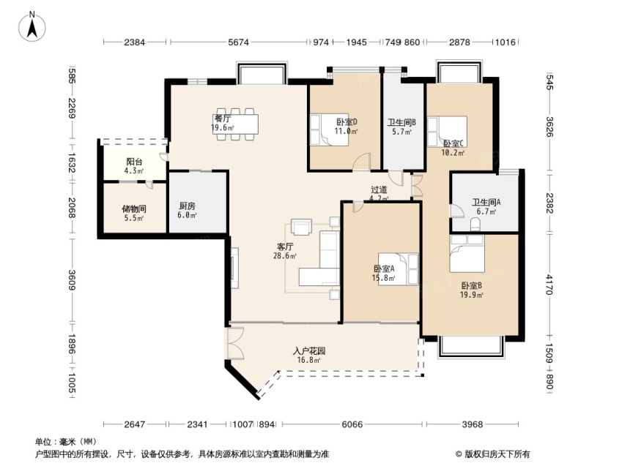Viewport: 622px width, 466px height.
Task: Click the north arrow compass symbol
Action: click(x=32, y=26)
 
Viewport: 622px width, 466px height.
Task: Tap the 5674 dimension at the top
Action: click(x=238, y=42)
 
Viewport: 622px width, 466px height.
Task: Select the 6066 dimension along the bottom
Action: click(x=352, y=424)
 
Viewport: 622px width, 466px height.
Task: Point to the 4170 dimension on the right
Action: click(x=549, y=285)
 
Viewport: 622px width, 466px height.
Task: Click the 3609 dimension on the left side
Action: click(x=72, y=280)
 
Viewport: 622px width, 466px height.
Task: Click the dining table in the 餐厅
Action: click(x=235, y=124)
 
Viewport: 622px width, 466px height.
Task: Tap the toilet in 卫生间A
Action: click(x=475, y=225)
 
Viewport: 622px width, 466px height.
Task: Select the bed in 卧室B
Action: click(x=467, y=253)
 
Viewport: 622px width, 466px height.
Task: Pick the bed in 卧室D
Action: click(x=329, y=130)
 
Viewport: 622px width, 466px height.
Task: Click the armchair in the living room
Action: click(x=302, y=227)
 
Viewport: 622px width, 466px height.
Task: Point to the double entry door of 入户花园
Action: click(x=235, y=343)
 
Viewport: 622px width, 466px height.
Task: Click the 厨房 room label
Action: click(x=188, y=206)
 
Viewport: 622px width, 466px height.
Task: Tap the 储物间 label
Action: click(x=133, y=208)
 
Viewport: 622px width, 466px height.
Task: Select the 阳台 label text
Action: click(x=134, y=162)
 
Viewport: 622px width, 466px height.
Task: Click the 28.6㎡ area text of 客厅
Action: click(x=285, y=256)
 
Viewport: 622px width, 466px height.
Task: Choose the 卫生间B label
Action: click(x=401, y=122)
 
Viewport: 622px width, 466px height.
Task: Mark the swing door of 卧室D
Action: click(x=362, y=162)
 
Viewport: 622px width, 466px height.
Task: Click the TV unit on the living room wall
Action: click(x=235, y=268)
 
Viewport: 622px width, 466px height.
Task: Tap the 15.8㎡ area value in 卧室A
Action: click(x=383, y=278)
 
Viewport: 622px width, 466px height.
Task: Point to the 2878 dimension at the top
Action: click(x=459, y=42)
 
